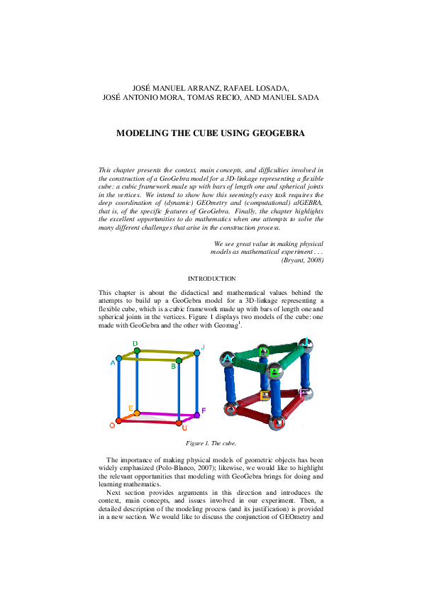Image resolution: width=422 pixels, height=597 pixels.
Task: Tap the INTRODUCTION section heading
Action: click(x=211, y=279)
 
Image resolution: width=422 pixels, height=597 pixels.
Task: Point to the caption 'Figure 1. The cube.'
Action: click(x=211, y=443)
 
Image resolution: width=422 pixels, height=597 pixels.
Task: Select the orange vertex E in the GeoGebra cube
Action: click(x=137, y=412)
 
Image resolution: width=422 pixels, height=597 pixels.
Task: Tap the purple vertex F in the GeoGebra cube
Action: click(x=196, y=415)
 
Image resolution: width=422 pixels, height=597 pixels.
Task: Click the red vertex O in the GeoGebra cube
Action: click(x=118, y=421)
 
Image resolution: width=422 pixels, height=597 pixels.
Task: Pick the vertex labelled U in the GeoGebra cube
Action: click(x=179, y=423)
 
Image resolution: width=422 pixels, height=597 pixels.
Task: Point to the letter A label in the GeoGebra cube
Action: click(x=112, y=363)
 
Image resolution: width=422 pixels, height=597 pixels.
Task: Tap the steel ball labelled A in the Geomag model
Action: click(x=228, y=359)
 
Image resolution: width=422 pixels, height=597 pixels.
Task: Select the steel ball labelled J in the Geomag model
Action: click(x=305, y=344)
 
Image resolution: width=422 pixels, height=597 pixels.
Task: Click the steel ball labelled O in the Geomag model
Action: click(x=230, y=409)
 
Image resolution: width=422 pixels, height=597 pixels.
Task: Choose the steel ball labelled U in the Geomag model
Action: click(x=277, y=423)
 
